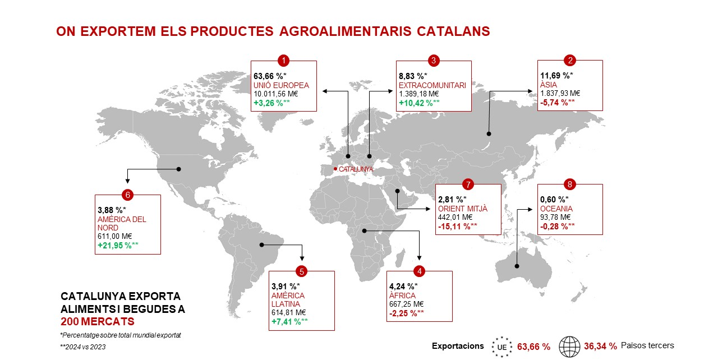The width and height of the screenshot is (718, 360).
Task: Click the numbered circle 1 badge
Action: [x=283, y=60]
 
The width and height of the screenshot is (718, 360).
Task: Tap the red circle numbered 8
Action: [x=569, y=184]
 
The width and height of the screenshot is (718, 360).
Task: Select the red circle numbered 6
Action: [x=127, y=195]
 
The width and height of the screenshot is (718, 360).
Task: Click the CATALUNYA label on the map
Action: [x=356, y=169]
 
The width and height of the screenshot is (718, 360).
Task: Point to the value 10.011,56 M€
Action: [x=275, y=94]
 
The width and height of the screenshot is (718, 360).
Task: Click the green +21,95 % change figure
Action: [x=118, y=246]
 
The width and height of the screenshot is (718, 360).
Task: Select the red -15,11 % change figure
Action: [x=457, y=227]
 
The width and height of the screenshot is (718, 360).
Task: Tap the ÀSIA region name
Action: [x=549, y=85]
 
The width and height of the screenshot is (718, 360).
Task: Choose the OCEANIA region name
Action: [x=556, y=209]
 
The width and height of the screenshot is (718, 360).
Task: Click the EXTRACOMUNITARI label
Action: [x=432, y=86]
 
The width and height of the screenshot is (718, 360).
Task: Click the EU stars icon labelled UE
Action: [x=502, y=347]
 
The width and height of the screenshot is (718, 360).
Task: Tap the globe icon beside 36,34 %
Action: [x=569, y=347]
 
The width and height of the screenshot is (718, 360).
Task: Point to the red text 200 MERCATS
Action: [x=98, y=321]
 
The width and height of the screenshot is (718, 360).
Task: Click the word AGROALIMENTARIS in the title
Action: [x=345, y=31]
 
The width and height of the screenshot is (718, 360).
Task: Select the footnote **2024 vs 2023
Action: [x=82, y=347]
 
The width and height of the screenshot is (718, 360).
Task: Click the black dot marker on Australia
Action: [x=517, y=266]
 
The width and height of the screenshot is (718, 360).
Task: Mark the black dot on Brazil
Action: [x=261, y=244]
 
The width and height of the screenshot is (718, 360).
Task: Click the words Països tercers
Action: [x=647, y=345]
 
